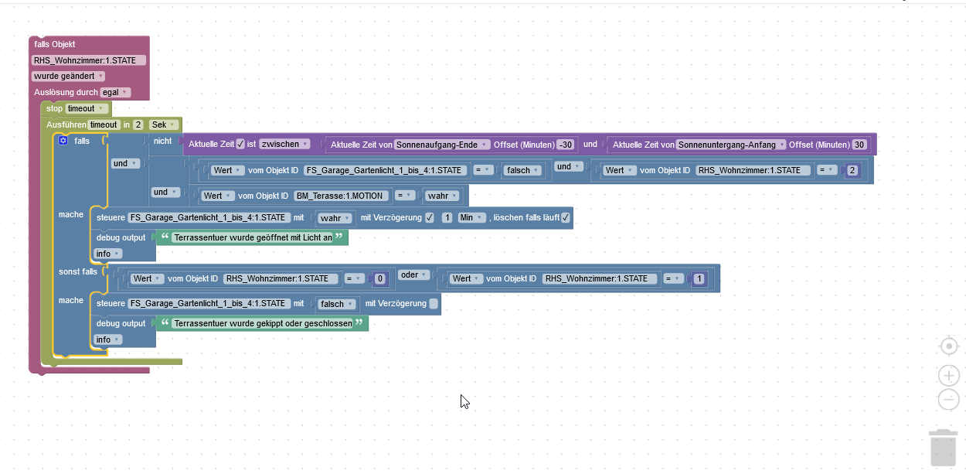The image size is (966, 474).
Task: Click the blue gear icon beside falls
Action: click(63, 141)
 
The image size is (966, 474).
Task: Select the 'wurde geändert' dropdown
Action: click(68, 76)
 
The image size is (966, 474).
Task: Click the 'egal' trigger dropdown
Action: click(115, 92)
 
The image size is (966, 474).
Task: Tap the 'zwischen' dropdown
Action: click(284, 144)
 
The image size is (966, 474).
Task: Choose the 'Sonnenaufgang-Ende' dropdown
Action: click(442, 145)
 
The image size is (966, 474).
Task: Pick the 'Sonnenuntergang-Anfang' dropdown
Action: click(731, 145)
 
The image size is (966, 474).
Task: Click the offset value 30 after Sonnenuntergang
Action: click(859, 145)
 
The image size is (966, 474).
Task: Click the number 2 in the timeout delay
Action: click(138, 124)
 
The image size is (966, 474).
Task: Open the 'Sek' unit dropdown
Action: click(163, 124)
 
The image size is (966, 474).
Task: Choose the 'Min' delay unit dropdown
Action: click(471, 218)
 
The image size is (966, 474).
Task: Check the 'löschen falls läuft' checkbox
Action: click(566, 218)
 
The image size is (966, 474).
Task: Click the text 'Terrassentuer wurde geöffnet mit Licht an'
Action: click(253, 237)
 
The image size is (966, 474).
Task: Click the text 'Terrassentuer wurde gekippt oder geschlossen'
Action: click(263, 323)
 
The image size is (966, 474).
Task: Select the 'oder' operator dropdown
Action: click(413, 275)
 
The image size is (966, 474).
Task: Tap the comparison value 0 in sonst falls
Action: click(380, 279)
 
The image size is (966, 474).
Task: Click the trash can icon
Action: click(943, 448)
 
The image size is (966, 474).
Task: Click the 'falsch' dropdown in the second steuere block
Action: click(336, 304)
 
